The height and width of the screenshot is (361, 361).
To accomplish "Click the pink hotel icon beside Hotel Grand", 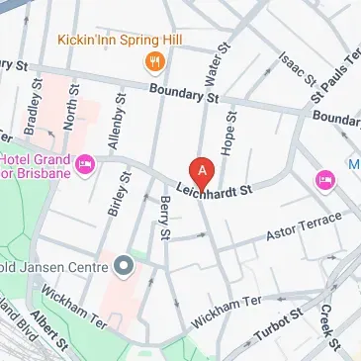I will click(84, 163).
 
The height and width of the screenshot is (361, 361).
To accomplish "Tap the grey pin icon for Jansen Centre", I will click(124, 265).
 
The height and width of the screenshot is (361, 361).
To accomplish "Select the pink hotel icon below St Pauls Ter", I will click(324, 179).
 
